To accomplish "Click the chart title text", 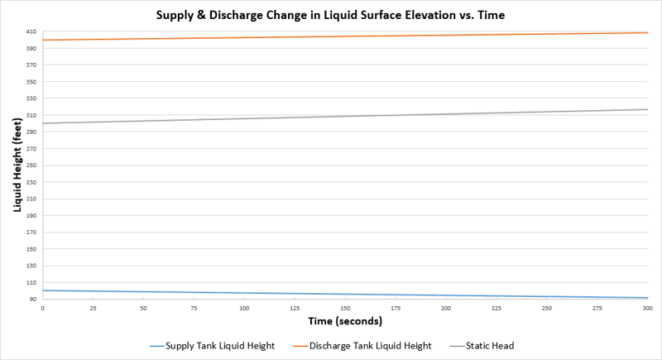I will (330, 15).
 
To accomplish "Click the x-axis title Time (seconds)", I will (344, 320).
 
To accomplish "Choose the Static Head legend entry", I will (490, 346).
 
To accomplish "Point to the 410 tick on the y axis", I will (31, 31).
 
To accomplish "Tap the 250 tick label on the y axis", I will (31, 166).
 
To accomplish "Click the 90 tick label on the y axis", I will (32, 300).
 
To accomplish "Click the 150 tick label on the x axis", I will (345, 308).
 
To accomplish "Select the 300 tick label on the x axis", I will (648, 308).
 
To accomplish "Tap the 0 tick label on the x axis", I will (42, 308).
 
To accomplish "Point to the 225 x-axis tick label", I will (496, 308).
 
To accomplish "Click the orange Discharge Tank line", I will (345, 36).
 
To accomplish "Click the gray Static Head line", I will (345, 116).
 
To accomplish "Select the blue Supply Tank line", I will (345, 295).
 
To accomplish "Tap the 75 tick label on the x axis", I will (194, 308).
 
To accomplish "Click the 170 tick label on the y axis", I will (31, 233).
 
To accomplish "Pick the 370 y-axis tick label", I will (31, 65).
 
